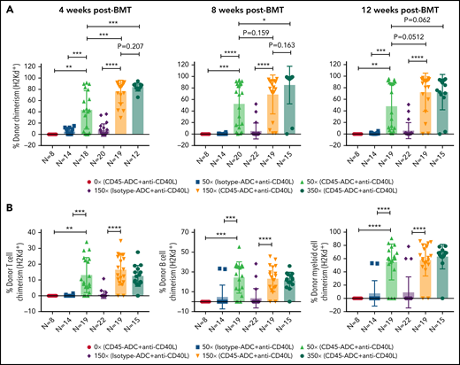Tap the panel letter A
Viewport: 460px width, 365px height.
tap(6, 8)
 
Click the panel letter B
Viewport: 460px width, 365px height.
tap(6, 197)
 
